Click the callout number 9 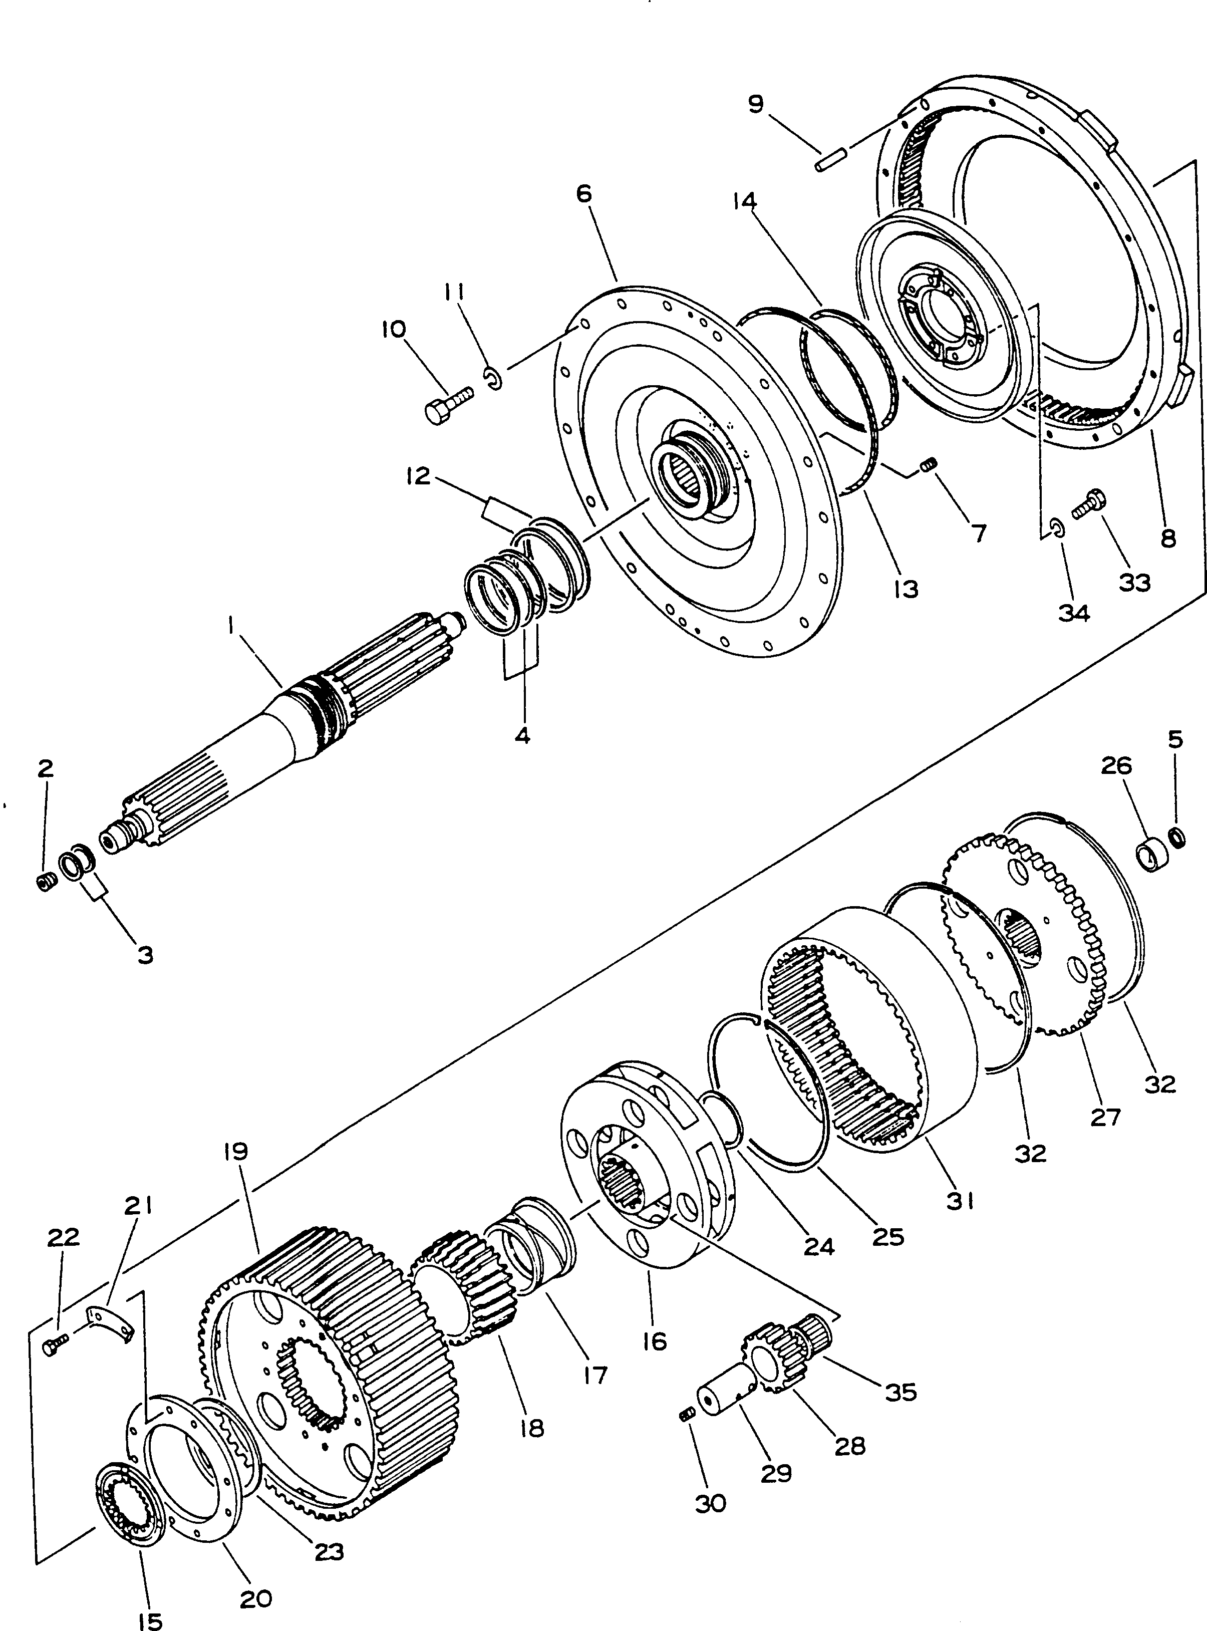755,104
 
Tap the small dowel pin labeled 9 831,160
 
